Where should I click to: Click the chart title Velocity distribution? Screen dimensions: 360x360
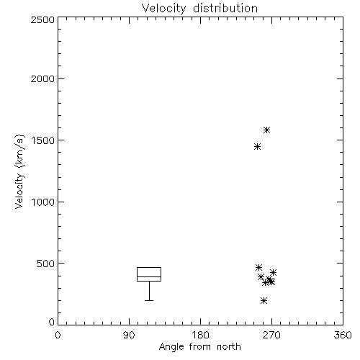(199, 8)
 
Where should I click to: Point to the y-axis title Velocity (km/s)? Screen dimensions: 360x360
(19, 171)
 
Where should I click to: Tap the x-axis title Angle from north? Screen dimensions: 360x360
(199, 346)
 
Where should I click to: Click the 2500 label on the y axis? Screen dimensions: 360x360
(42, 19)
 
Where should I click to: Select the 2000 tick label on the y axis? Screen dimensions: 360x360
(42, 78)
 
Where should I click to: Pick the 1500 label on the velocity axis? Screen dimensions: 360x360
(43, 140)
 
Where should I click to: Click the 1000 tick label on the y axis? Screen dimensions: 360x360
(43, 202)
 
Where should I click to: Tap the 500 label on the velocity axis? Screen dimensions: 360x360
(45, 264)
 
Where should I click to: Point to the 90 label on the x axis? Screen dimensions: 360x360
(129, 335)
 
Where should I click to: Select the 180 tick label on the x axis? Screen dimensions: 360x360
(200, 335)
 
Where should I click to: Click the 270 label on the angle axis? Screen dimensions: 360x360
(271, 335)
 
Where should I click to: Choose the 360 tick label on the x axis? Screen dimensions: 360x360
(343, 335)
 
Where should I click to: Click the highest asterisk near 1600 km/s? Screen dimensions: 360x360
(266, 130)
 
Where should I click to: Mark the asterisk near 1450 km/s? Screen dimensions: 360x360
(257, 146)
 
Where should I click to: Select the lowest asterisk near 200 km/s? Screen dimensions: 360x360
(264, 300)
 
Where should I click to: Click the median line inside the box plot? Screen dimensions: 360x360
(149, 276)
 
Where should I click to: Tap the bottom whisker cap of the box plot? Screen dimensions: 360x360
(149, 300)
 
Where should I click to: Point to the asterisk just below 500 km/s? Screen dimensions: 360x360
(258, 267)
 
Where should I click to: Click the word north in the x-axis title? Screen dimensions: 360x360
(229, 346)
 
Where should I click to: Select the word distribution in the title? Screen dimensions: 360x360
(225, 8)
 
